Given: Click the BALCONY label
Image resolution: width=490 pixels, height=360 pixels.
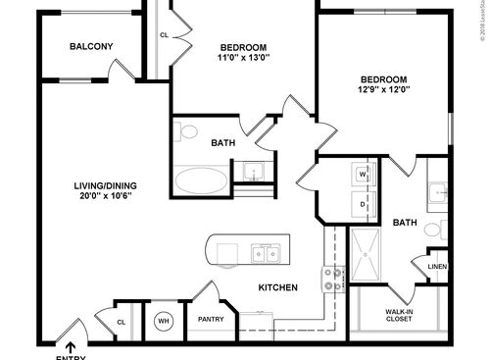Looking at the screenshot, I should click(92, 46).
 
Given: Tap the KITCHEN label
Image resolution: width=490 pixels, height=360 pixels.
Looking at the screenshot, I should click(277, 287).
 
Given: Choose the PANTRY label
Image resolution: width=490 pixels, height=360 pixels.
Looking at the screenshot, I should click(212, 320).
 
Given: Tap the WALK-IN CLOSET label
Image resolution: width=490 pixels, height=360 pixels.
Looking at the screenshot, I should click(398, 316).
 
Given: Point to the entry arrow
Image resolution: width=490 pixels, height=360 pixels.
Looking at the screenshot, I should click(70, 345).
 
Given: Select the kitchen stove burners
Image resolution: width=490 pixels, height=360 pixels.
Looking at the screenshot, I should click(330, 279).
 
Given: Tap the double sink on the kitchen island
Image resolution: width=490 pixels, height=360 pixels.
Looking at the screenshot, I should click(264, 253).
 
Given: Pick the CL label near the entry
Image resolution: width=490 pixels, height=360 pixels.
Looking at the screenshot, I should click(121, 322).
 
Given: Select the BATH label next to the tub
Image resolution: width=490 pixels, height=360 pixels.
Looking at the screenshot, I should click(222, 143).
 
